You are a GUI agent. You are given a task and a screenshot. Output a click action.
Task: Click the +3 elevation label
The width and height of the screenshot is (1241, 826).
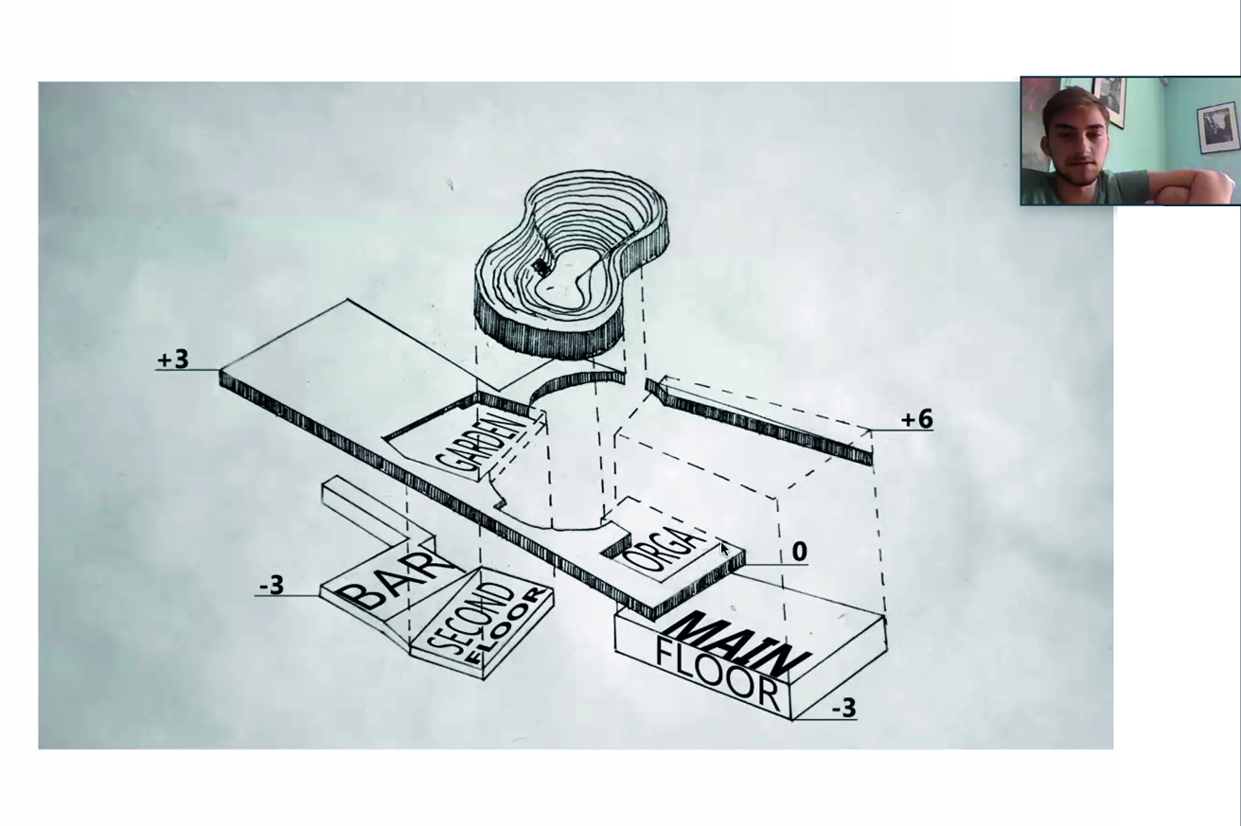(173, 359)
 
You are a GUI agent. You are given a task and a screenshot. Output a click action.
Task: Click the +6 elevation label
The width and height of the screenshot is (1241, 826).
(917, 419)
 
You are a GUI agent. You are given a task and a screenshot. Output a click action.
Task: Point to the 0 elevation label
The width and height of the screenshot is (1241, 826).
(800, 552)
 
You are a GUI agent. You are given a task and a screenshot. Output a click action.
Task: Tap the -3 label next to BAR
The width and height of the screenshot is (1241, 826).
(272, 585)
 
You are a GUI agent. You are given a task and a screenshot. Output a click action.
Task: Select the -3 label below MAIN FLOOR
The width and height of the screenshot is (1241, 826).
(843, 708)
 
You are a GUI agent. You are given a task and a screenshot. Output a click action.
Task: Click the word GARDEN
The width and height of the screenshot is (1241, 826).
(480, 445)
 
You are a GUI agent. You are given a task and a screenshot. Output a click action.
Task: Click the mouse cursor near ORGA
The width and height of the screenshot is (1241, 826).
(725, 549)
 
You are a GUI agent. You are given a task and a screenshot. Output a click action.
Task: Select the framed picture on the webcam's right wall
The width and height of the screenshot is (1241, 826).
(1217, 128)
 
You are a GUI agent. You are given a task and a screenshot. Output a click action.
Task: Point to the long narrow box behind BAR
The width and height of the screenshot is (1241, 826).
(378, 509)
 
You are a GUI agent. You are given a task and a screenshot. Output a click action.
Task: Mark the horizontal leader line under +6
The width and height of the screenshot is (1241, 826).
(901, 431)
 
